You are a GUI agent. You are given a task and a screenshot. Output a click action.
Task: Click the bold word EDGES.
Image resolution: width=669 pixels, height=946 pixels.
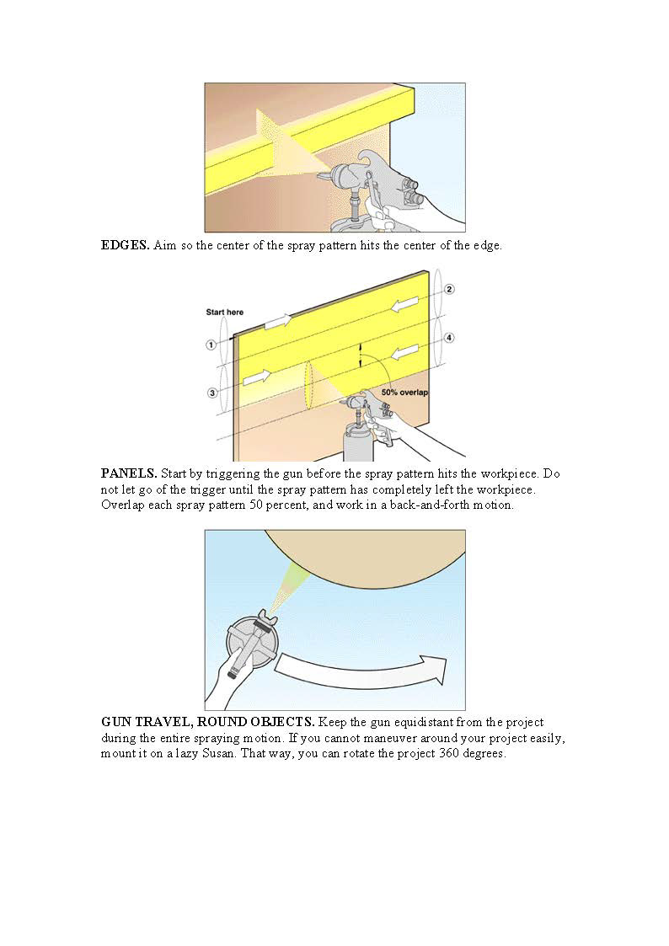126,245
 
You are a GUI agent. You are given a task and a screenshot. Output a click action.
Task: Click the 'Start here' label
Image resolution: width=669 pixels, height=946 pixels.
225,313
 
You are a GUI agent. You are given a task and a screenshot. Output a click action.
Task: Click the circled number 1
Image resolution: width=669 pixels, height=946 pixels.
211,344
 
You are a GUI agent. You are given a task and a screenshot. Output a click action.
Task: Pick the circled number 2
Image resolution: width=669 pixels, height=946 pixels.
449,290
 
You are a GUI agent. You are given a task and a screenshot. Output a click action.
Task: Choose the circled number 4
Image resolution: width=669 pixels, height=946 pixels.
449,338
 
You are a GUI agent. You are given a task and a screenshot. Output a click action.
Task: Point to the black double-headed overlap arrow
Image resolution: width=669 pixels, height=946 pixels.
361,354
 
